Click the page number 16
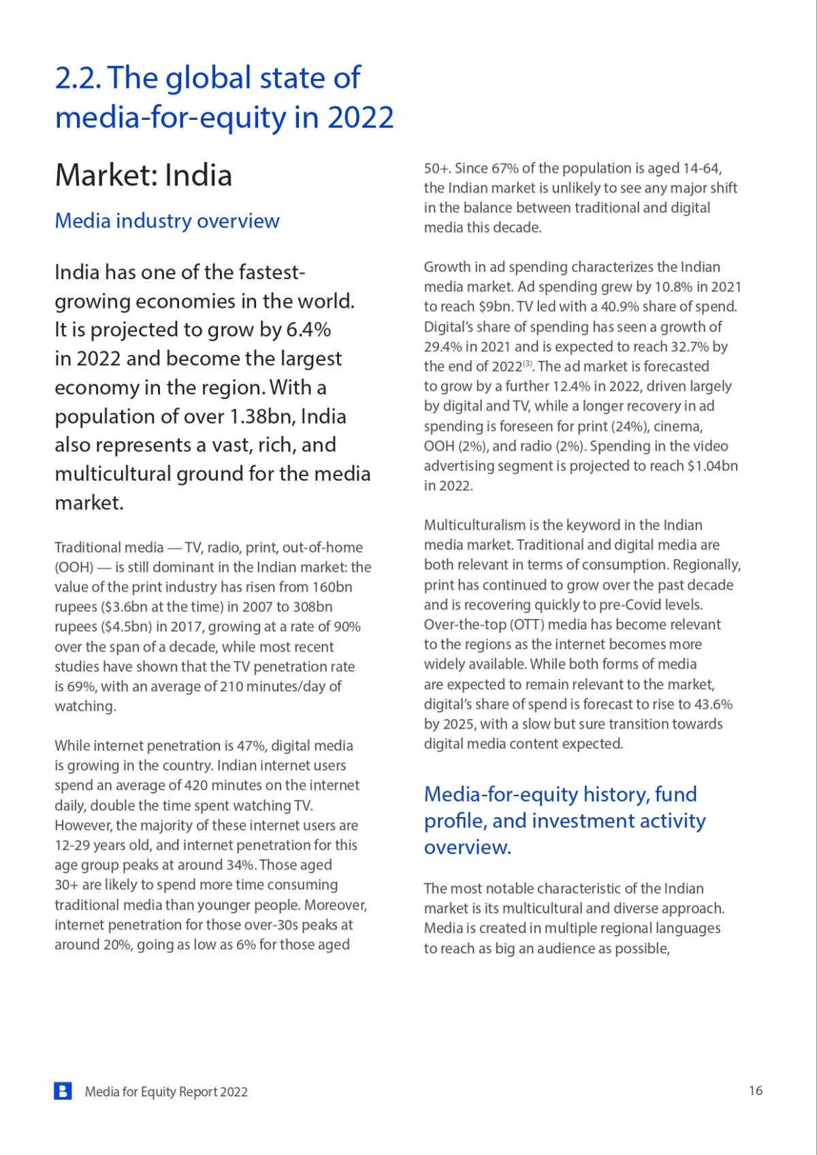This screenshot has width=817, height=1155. coord(756,1090)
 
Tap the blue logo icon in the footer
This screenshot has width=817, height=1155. coord(63,1091)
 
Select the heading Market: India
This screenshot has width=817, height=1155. coord(144,175)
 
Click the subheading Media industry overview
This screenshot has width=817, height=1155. coord(167,221)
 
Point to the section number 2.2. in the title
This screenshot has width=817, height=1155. coord(78,78)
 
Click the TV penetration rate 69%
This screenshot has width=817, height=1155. coord(81,686)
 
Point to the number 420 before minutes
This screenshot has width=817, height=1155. coord(196,785)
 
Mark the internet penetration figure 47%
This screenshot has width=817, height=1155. coord(251,746)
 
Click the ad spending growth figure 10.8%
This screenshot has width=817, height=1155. coord(673,287)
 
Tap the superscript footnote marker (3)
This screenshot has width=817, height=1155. coord(528,364)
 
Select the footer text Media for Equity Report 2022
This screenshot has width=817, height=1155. coord(166,1092)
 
